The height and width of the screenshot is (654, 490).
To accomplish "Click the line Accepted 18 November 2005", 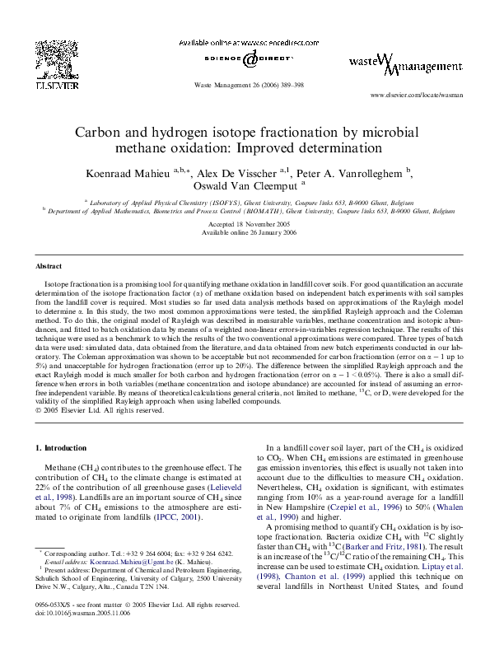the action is [x=245, y=224].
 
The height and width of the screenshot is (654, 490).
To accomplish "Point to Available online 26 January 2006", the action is [x=245, y=232].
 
